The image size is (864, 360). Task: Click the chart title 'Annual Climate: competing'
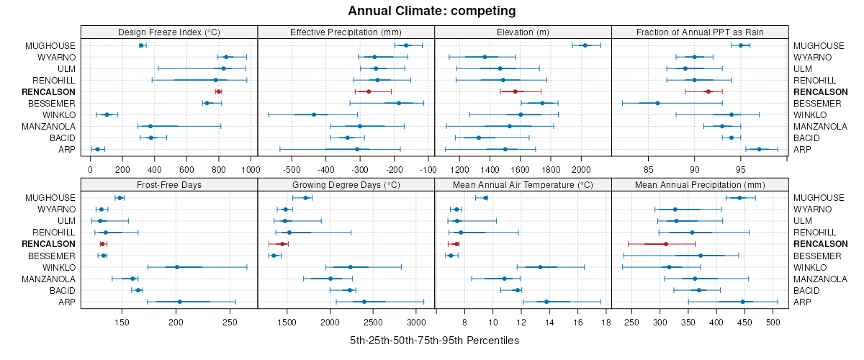[432, 11]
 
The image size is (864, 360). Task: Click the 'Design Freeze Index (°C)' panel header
[169, 32]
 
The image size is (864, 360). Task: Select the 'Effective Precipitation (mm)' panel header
[346, 32]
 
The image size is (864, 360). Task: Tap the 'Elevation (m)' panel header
[523, 32]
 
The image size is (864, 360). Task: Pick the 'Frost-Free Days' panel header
[169, 184]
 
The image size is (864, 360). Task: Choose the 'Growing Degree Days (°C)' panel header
[346, 184]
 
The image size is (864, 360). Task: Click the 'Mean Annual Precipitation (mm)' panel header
[700, 184]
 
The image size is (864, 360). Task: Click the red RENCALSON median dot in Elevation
[515, 91]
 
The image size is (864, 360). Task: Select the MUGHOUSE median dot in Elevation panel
[585, 45]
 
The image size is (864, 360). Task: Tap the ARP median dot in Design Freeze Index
[98, 149]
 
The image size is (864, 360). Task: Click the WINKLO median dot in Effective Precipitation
[314, 114]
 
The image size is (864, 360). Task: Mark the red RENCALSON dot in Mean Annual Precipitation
[666, 244]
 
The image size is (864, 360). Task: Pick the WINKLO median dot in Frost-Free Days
[177, 267]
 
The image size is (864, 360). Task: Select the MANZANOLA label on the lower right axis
[819, 279]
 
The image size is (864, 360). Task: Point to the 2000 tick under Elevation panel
[580, 170]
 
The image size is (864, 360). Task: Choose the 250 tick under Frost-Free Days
[230, 322]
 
